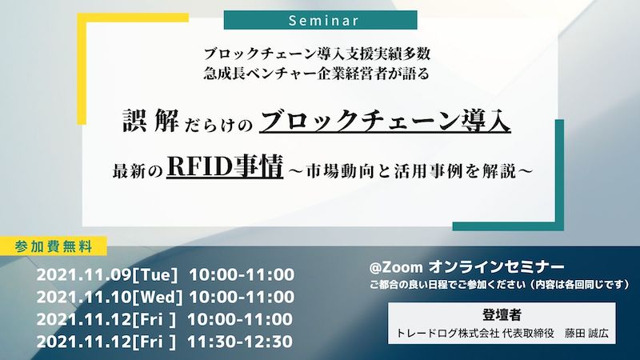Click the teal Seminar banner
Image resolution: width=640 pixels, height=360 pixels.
(321, 20)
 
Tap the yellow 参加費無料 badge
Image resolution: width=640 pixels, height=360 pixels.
(54, 246)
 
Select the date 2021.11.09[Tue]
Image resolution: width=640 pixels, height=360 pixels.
(107, 274)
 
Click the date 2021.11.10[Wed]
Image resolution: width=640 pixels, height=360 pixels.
(110, 297)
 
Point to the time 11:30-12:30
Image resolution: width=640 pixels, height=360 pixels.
(240, 342)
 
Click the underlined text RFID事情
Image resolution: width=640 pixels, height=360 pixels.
(225, 166)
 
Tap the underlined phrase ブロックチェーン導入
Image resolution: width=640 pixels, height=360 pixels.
(385, 122)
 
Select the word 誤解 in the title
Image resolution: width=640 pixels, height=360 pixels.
(151, 121)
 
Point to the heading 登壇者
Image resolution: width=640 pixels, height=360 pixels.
(502, 314)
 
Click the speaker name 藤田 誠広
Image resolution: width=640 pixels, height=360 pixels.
(586, 333)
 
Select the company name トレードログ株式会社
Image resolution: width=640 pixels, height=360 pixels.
(448, 333)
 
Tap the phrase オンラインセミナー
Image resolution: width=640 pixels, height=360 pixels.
(496, 267)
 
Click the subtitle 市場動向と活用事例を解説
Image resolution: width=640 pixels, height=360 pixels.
(411, 171)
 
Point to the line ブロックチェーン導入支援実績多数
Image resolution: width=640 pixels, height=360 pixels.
(317, 54)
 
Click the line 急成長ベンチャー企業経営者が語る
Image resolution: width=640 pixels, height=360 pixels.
(317, 74)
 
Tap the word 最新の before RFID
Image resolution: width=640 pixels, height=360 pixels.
(138, 171)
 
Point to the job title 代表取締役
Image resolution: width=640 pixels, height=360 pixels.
(528, 333)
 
